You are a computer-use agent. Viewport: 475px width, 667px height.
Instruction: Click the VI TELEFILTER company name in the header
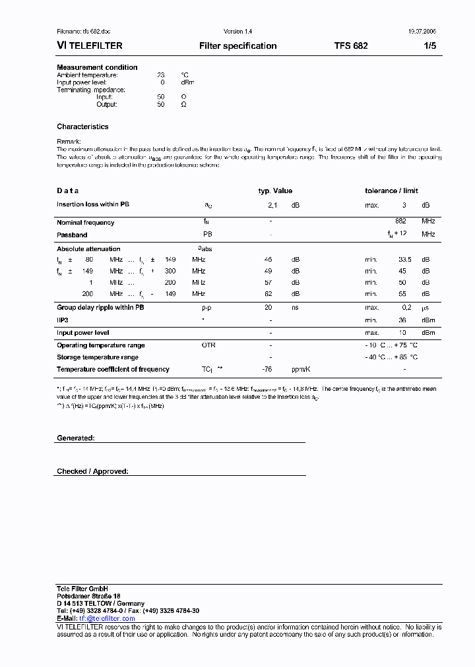[89, 46]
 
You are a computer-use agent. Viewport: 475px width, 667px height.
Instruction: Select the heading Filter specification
[237, 46]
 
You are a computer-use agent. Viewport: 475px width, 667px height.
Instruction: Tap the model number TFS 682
[351, 46]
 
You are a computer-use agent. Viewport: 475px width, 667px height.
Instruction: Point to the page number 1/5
[429, 46]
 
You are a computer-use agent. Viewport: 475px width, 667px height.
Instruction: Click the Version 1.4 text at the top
[237, 32]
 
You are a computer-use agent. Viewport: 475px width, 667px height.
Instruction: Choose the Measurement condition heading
[97, 67]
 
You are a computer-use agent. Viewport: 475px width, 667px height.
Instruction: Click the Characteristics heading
[82, 127]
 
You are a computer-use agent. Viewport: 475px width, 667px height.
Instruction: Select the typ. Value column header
[275, 191]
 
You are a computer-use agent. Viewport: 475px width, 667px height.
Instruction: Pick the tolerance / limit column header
[391, 191]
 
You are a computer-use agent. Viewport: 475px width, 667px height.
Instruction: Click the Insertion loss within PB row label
[93, 204]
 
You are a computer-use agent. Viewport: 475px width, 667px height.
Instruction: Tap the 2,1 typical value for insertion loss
[272, 206]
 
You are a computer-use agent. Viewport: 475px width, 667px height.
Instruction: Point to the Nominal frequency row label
[85, 223]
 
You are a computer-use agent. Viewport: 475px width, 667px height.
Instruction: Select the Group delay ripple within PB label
[100, 308]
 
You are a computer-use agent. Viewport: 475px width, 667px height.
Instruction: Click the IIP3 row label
[63, 320]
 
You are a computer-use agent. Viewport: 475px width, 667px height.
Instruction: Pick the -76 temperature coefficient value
[267, 370]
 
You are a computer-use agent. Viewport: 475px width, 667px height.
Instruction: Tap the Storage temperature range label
[98, 357]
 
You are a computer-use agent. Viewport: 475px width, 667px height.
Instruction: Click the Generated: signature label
[76, 438]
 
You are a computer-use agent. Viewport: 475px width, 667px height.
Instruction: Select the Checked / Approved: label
[92, 472]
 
